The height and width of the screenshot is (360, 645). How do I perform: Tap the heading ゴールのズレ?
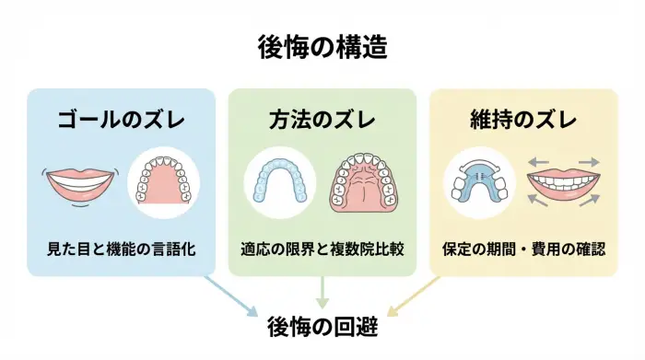(121, 121)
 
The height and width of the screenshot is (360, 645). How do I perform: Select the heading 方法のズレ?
(322, 121)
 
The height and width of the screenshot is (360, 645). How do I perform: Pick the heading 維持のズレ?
(522, 121)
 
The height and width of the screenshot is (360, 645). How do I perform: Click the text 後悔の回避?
(322, 326)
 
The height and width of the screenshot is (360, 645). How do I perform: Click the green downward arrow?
(322, 293)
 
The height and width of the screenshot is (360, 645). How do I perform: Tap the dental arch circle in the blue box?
(162, 180)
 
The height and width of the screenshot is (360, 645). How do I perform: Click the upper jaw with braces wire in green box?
(362, 180)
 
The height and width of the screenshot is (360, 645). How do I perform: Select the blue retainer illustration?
(478, 180)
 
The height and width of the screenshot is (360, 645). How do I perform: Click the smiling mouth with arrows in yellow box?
(562, 182)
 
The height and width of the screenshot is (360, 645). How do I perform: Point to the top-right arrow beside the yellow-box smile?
(590, 163)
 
